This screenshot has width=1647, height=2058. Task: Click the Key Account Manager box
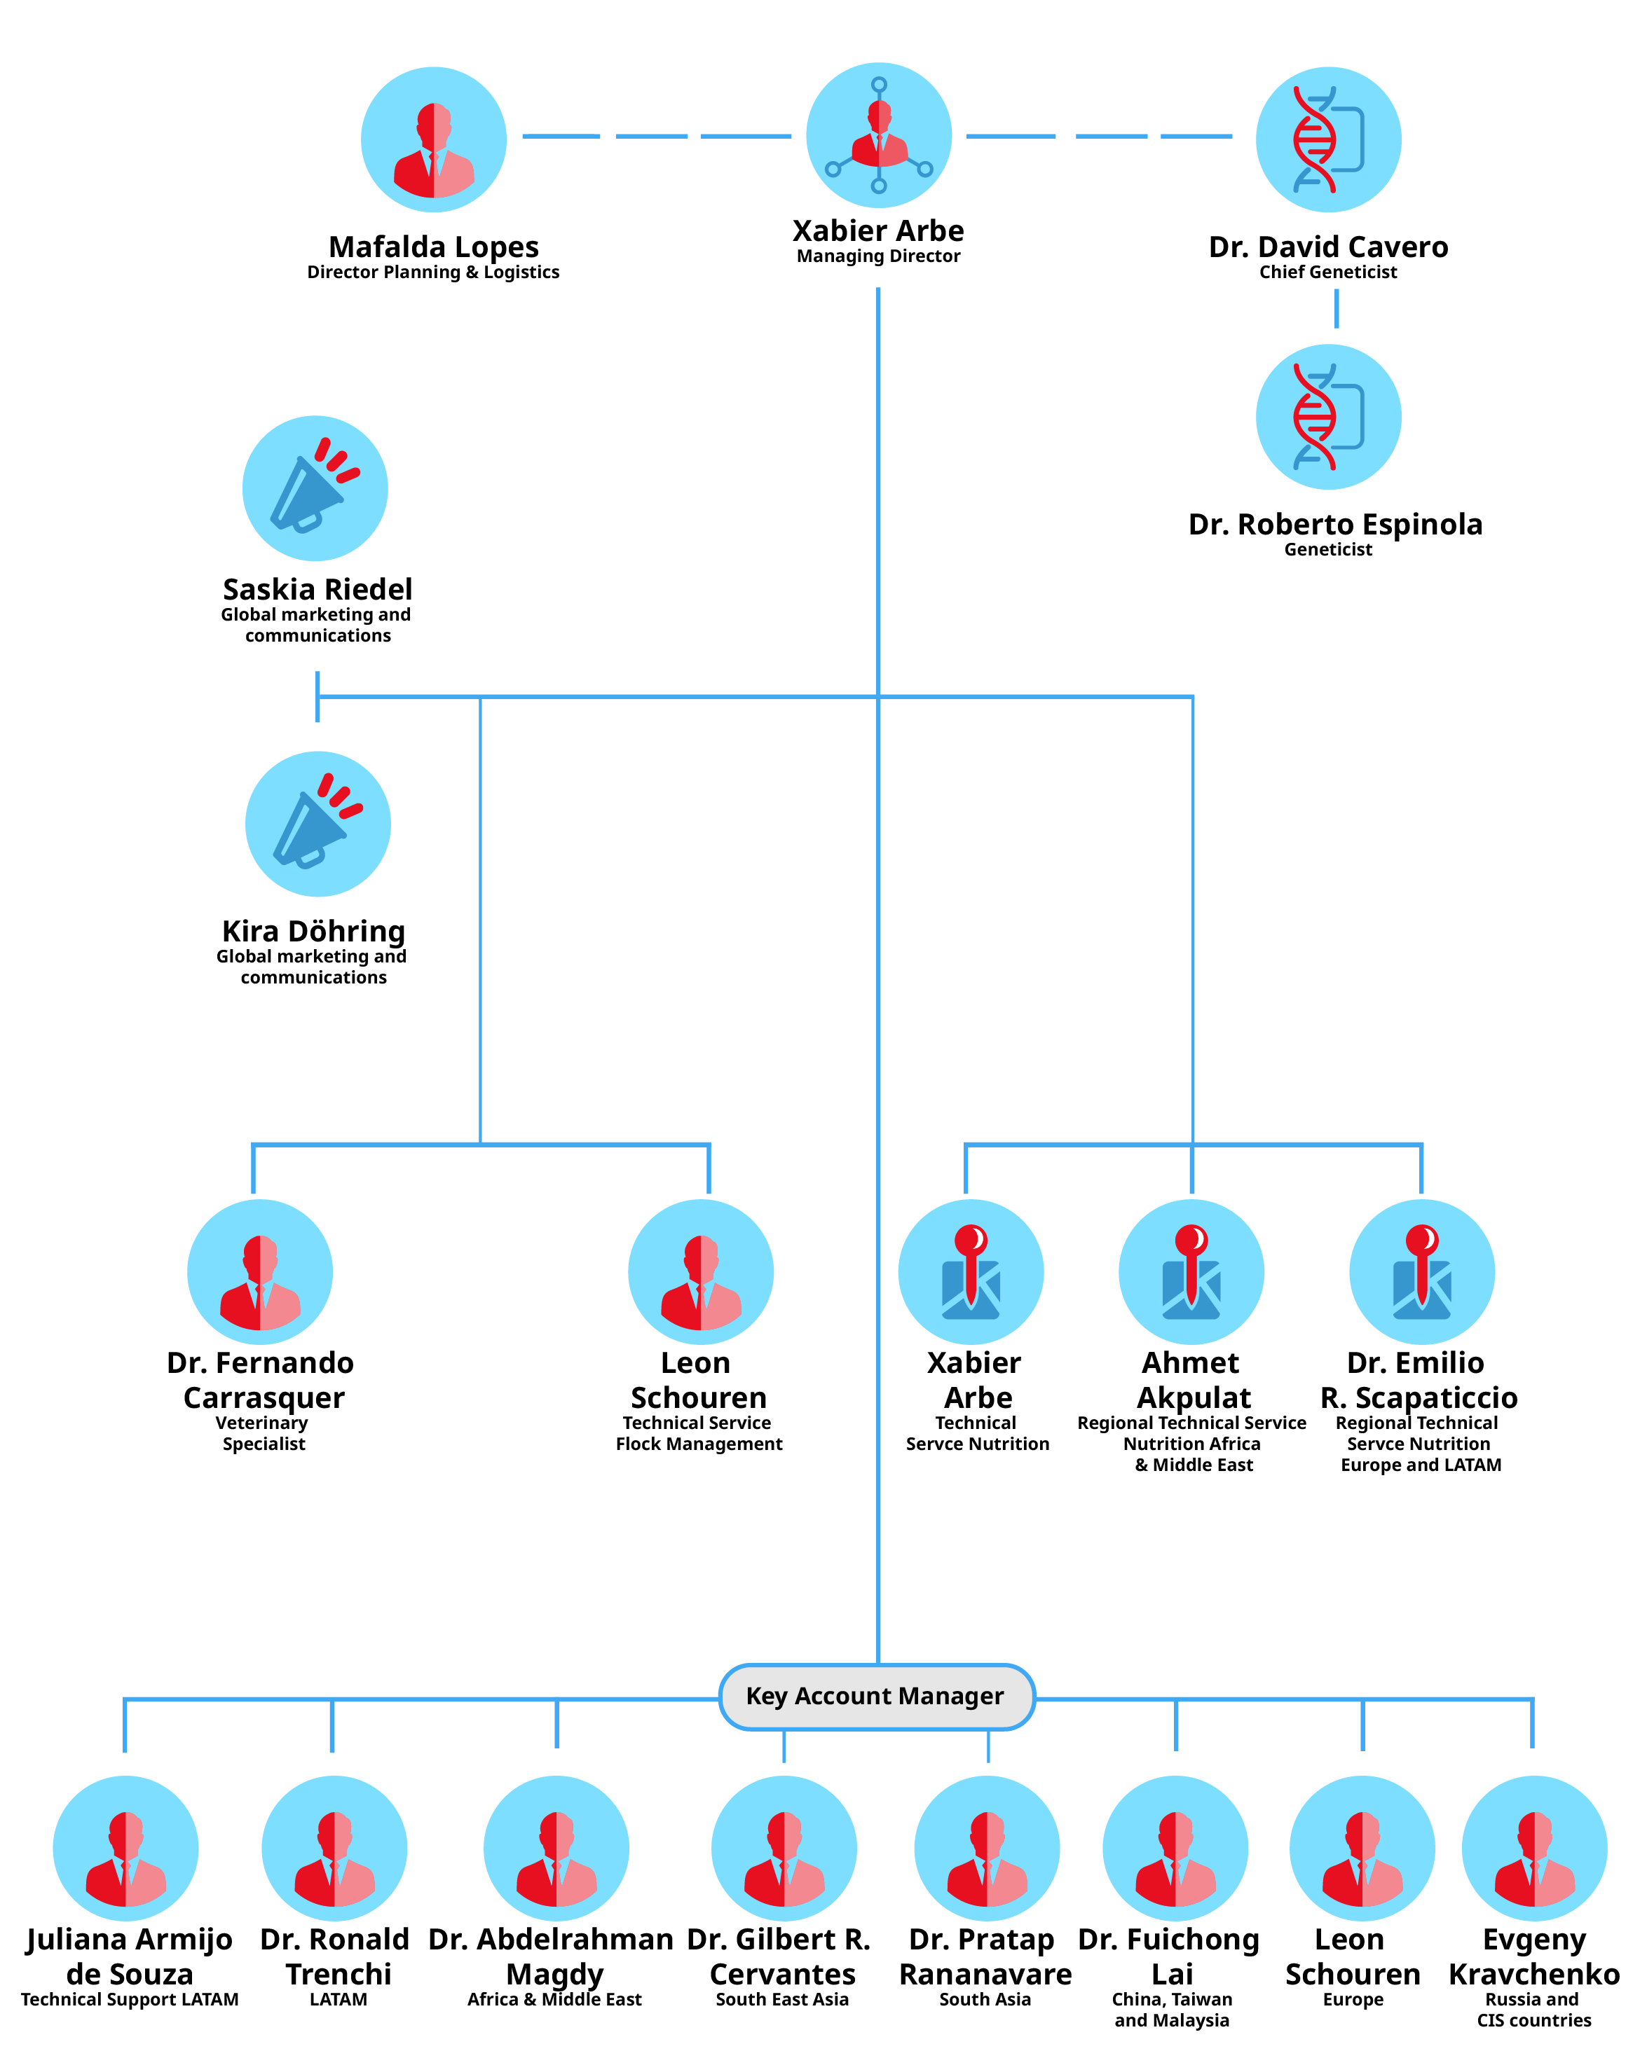click(x=875, y=1697)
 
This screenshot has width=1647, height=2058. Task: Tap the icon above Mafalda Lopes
click(x=433, y=139)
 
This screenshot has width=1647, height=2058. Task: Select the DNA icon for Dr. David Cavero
click(x=1327, y=139)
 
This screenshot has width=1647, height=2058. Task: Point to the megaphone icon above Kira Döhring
click(x=318, y=823)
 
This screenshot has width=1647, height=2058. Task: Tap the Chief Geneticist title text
click(x=1327, y=272)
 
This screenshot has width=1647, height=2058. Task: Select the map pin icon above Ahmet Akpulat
click(x=1191, y=1271)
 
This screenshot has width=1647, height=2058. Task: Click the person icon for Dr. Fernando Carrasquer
click(x=260, y=1271)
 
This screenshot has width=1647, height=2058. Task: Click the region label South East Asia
click(x=782, y=1999)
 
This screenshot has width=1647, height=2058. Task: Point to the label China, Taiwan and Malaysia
click(x=1172, y=2010)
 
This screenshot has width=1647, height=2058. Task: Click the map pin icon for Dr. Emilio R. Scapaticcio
click(x=1421, y=1271)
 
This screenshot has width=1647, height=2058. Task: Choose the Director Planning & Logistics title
click(x=432, y=272)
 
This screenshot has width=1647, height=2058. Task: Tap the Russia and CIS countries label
click(x=1533, y=2010)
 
